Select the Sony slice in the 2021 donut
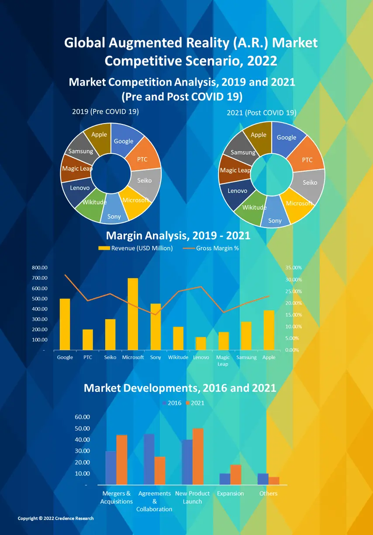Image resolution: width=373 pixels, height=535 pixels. point(275,214)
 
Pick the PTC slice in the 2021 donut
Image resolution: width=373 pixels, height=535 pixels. point(307,157)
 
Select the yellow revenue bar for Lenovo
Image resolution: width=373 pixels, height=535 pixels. point(201,343)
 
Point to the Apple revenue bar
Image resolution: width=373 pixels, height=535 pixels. point(269,330)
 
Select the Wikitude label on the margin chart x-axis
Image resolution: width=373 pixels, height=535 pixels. point(178,357)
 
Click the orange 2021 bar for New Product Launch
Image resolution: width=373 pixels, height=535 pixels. point(198,456)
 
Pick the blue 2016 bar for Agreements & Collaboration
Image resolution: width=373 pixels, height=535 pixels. point(149,459)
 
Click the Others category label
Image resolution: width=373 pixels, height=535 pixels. point(268,494)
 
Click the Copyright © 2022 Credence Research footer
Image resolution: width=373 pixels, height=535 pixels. point(55,518)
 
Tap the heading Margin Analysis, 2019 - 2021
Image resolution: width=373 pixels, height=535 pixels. point(178,236)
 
